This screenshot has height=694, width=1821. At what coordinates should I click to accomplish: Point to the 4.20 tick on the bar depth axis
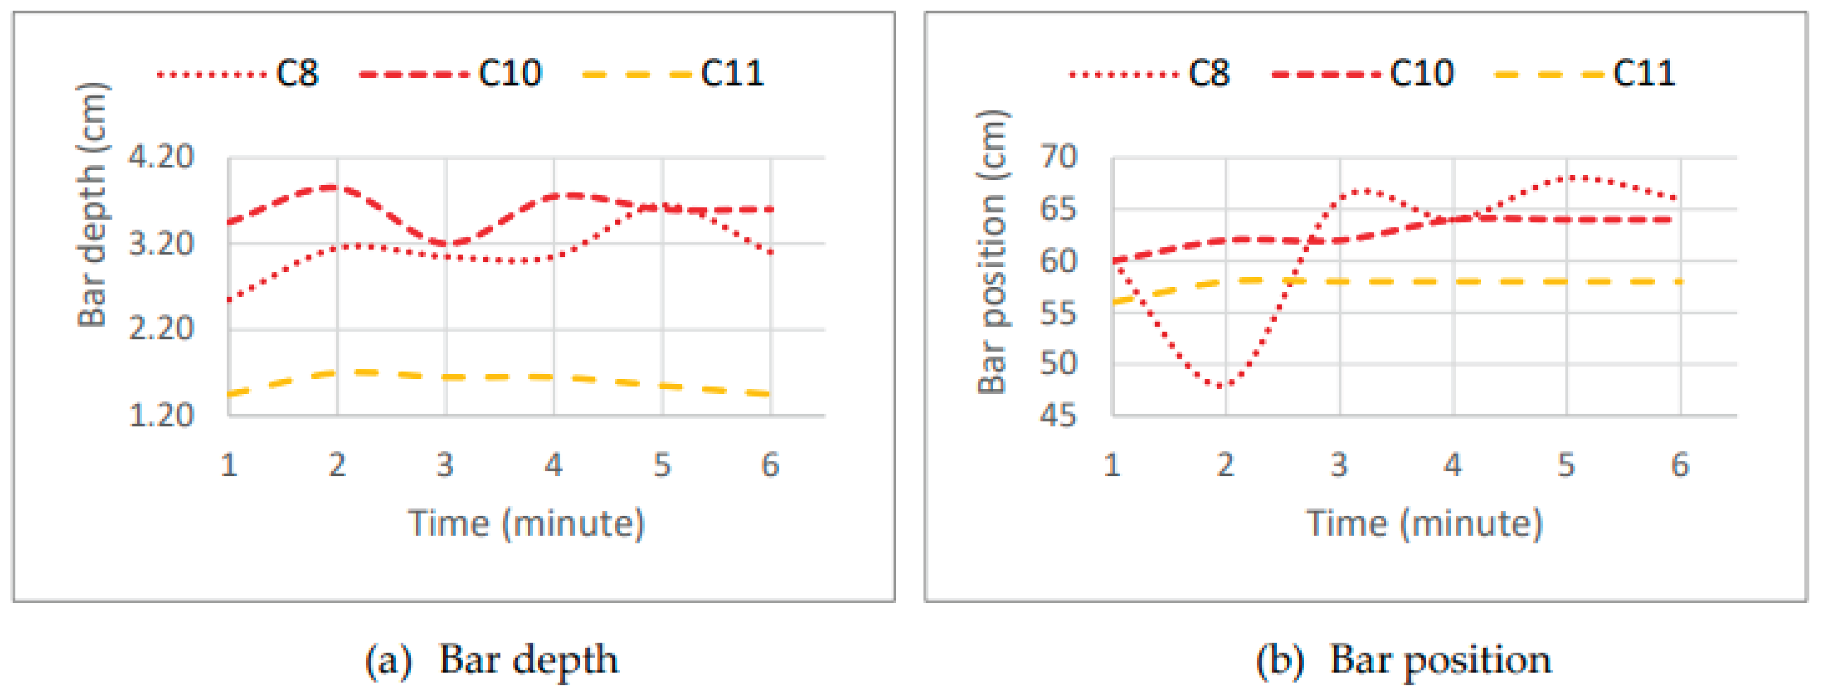[161, 156]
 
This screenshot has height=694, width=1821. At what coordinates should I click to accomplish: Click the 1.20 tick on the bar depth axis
[161, 415]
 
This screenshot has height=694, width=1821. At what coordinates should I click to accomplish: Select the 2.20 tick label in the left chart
[161, 328]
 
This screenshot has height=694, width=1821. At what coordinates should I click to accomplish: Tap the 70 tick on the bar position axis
[1058, 156]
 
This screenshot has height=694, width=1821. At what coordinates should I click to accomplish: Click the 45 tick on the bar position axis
[1058, 415]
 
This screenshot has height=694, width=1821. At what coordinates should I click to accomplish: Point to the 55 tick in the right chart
[1058, 312]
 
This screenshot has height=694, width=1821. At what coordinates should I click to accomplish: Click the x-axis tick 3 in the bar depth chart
[445, 465]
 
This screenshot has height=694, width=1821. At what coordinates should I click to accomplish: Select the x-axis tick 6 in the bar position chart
[1679, 465]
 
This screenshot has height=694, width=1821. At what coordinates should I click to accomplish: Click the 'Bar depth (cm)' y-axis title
[92, 205]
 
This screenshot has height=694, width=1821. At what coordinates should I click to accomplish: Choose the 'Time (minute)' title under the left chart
[526, 523]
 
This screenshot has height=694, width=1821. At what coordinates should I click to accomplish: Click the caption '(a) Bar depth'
[491, 659]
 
